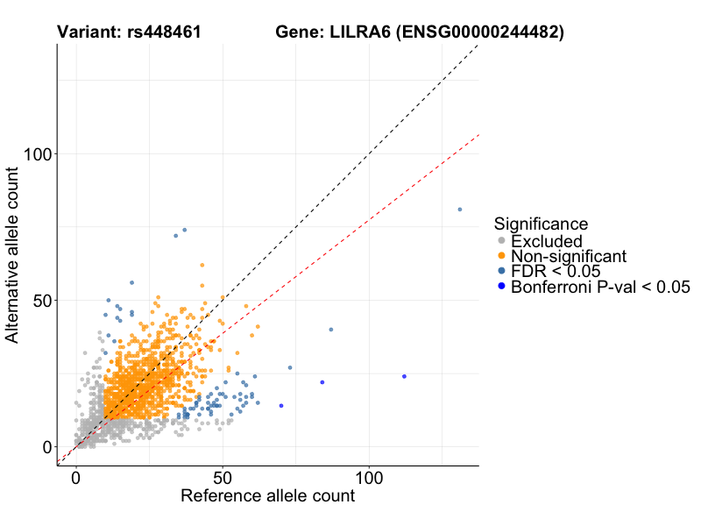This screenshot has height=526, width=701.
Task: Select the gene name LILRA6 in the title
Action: tap(358, 32)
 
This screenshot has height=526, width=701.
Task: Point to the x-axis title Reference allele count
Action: tap(267, 496)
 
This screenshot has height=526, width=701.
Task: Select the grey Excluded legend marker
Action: tap(501, 241)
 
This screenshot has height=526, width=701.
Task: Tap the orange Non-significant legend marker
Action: tap(501, 256)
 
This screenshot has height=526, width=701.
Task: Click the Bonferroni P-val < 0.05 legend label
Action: tap(600, 287)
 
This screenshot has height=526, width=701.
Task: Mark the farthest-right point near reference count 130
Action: tap(459, 210)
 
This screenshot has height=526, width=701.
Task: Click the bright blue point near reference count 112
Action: tap(404, 376)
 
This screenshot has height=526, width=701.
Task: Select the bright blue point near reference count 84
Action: tap(322, 382)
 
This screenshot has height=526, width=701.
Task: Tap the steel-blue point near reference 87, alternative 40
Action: tap(331, 330)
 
